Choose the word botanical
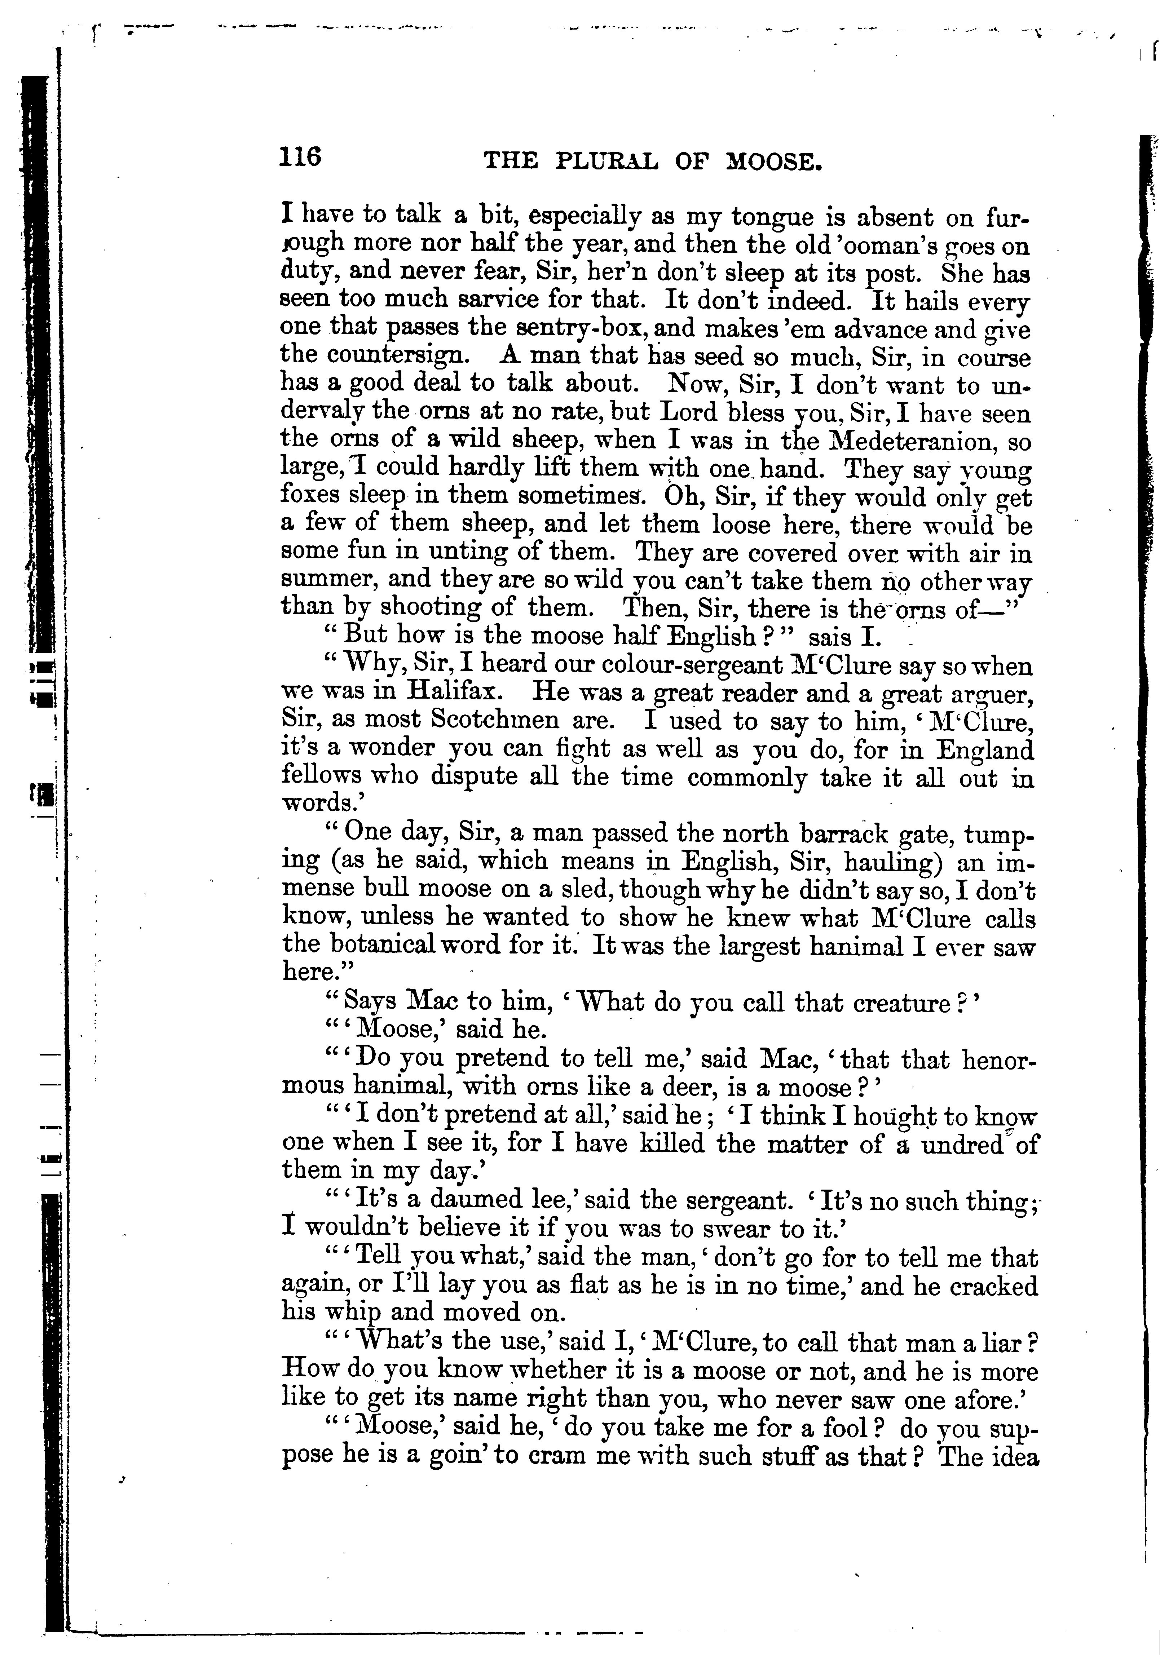[x=384, y=944]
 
